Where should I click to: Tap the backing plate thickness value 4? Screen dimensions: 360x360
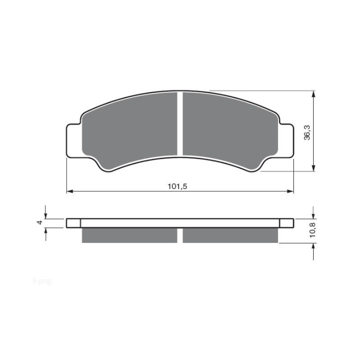40,223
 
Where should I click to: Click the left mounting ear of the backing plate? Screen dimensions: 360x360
73,140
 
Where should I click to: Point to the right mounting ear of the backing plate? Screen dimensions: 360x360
287,140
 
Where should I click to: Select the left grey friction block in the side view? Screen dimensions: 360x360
130,235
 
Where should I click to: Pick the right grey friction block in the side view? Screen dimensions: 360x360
231,235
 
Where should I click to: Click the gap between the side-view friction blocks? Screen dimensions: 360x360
180,235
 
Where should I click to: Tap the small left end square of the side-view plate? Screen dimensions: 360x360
73,223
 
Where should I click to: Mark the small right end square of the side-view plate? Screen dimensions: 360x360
287,223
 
